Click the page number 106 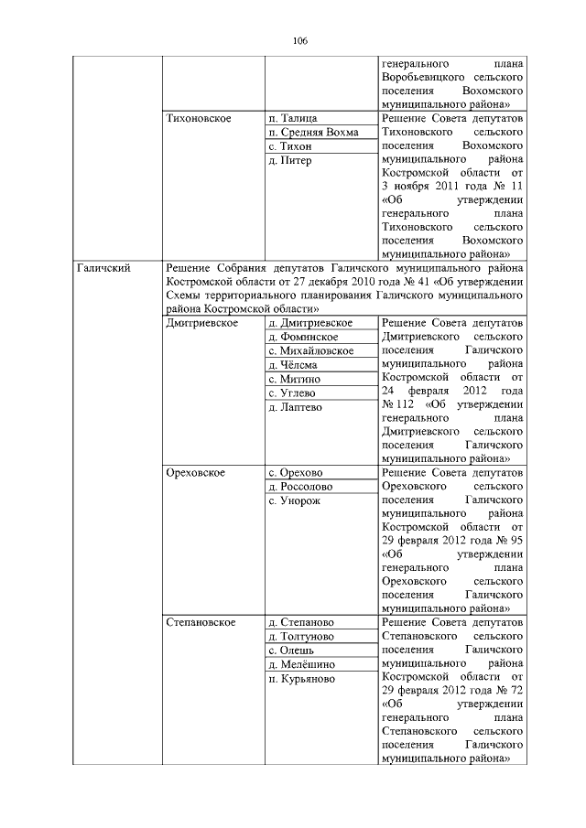(x=299, y=41)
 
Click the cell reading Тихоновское (x=199, y=119)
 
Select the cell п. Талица (x=293, y=119)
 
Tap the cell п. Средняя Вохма (x=313, y=133)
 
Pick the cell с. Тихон (x=290, y=146)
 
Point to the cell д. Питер (x=290, y=160)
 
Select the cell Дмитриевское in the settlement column (x=202, y=323)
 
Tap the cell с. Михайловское (x=311, y=350)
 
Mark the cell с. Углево (x=293, y=392)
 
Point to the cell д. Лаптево (x=295, y=407)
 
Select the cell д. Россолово (x=300, y=487)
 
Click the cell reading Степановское (x=201, y=622)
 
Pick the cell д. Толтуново (x=300, y=636)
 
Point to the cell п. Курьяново (x=301, y=679)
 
